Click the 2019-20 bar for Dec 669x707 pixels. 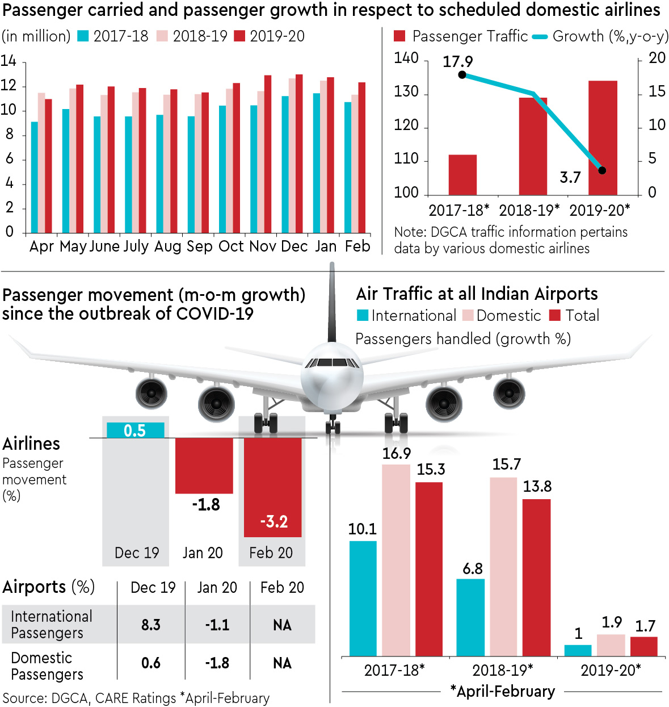tap(299, 153)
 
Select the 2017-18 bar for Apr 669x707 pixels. tap(35, 177)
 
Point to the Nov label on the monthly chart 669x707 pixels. tap(263, 246)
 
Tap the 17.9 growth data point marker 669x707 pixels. tap(462, 75)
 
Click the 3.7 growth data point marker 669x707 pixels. tap(602, 170)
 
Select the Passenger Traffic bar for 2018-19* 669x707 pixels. tap(533, 146)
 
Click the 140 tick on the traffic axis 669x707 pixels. tap(406, 58)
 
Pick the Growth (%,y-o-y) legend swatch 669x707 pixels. tap(540, 37)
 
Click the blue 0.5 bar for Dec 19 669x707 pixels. tap(136, 430)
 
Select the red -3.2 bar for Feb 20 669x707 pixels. tap(272, 487)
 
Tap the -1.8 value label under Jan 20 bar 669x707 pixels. tap(205, 504)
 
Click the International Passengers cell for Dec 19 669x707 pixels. tap(151, 625)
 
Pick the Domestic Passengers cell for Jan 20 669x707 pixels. tap(217, 663)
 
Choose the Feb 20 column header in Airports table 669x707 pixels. tap(282, 588)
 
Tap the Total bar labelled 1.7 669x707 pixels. tap(643, 646)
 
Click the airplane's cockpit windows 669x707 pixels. tap(332, 362)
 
